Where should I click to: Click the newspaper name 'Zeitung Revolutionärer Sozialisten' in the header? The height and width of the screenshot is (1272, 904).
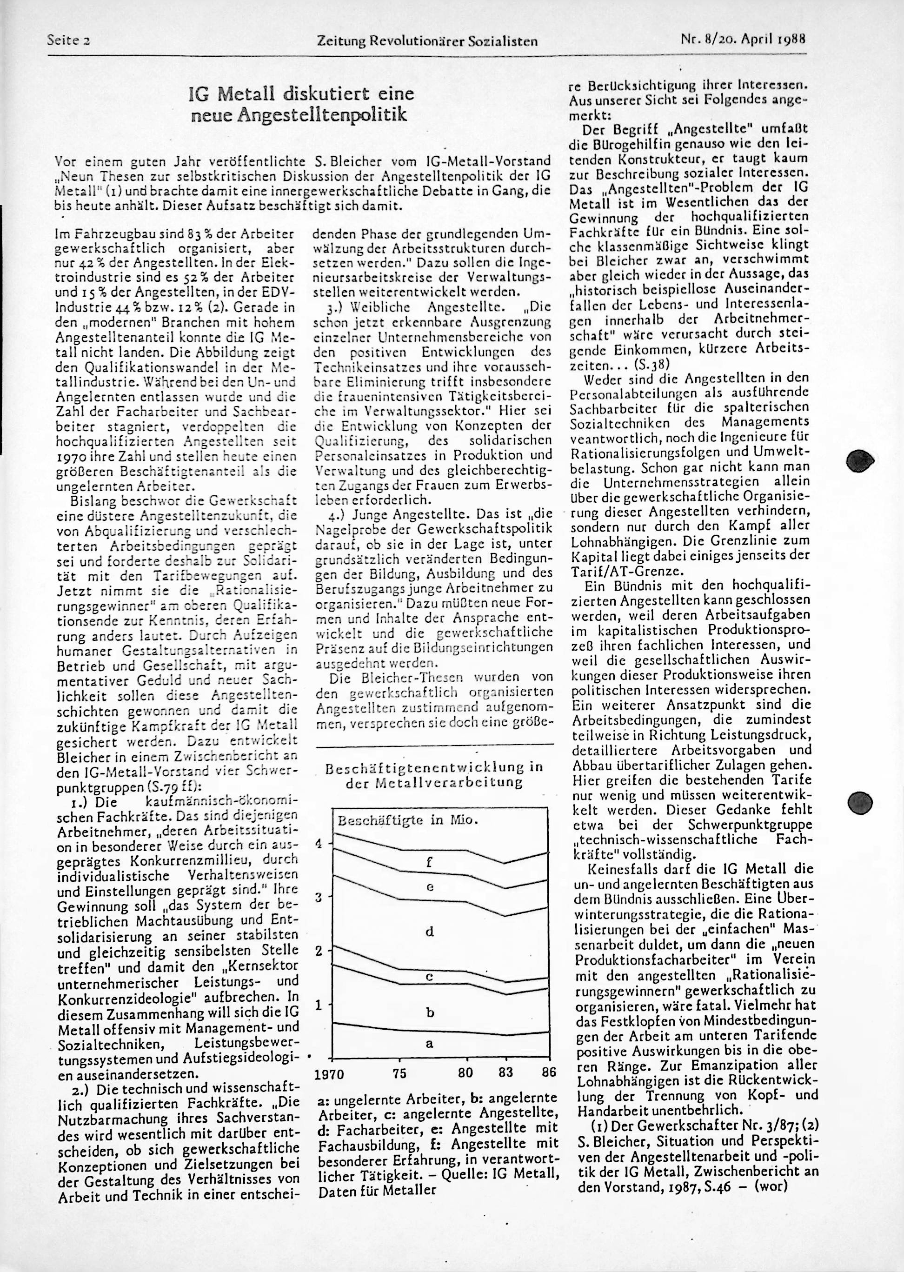(x=427, y=40)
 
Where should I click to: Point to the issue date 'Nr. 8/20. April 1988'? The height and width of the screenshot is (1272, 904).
(x=743, y=40)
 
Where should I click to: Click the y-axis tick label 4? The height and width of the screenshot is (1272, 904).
(x=319, y=843)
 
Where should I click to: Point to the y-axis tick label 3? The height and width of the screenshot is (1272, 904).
(x=319, y=897)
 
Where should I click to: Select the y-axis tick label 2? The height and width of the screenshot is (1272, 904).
(x=319, y=950)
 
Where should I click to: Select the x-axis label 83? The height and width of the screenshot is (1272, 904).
(x=506, y=1072)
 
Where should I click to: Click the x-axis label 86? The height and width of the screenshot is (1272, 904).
(x=548, y=1072)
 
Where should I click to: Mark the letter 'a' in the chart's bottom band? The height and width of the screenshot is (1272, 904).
(x=429, y=1044)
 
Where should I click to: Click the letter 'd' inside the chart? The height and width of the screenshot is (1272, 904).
(x=429, y=931)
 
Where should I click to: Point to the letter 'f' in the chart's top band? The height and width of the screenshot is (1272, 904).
(x=429, y=863)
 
